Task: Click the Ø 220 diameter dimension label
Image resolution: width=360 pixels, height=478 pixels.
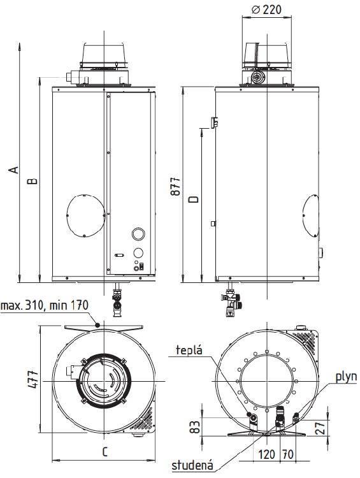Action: (x=266, y=10)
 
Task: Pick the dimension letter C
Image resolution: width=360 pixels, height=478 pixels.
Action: (x=104, y=451)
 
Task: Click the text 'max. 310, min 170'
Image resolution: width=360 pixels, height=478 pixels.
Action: (x=45, y=305)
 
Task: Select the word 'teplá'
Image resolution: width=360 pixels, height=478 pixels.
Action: (x=189, y=350)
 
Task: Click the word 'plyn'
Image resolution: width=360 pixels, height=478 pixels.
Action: (x=346, y=377)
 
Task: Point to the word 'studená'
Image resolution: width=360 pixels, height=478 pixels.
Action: (x=192, y=465)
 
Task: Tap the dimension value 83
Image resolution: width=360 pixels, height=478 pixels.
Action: (x=196, y=426)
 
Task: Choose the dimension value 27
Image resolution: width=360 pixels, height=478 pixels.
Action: (x=320, y=428)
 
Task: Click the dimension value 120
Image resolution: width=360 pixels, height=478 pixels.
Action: (x=267, y=454)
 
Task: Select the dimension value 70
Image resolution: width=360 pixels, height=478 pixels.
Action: (x=288, y=454)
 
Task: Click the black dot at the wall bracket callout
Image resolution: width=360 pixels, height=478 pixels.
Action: (x=97, y=325)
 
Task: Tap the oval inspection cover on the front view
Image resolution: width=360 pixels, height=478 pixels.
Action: (x=86, y=215)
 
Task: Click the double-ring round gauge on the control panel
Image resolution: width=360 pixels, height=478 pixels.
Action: (x=138, y=234)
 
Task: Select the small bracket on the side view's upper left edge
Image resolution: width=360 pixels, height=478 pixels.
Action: (x=215, y=122)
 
